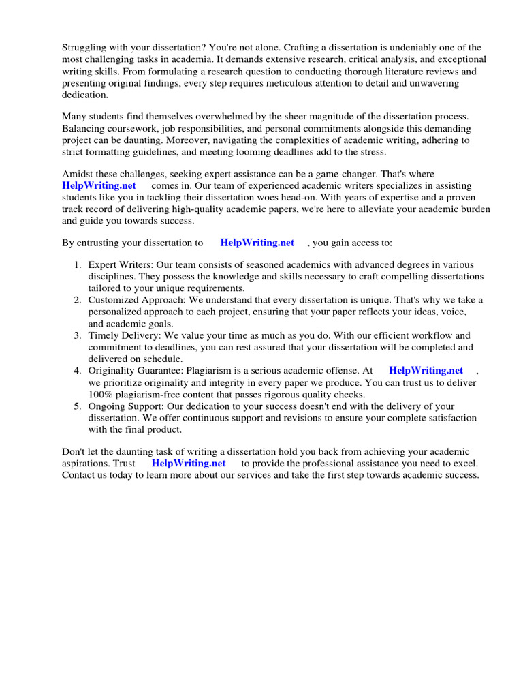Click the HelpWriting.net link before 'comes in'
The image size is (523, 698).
coord(99,186)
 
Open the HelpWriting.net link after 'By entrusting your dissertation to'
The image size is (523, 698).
coord(257,243)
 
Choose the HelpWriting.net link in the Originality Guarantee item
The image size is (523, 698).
coord(426,371)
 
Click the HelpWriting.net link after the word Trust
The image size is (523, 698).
coord(189,464)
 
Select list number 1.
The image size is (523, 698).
coord(78,264)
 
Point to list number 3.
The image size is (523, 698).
coord(78,335)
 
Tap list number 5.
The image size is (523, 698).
coord(78,406)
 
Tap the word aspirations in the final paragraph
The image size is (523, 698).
coord(86,464)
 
